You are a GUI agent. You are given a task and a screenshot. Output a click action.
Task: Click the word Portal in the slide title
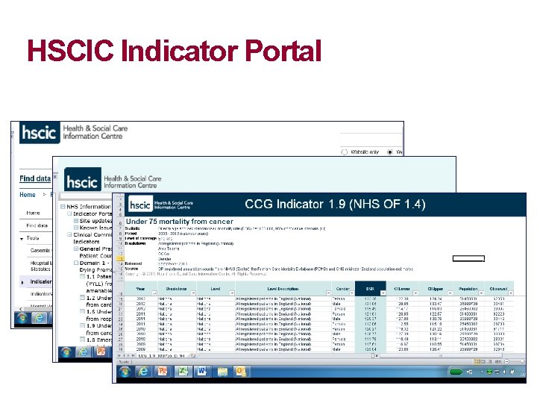(x=278, y=51)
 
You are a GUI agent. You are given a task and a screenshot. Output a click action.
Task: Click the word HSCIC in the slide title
(x=70, y=51)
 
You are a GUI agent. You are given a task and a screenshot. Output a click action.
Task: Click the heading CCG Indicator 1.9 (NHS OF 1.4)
(x=335, y=204)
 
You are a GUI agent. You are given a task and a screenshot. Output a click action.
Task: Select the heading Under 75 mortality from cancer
(x=180, y=222)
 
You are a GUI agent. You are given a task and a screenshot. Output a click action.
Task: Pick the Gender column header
(x=342, y=289)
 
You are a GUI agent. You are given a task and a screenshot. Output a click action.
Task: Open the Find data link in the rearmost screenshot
(x=34, y=179)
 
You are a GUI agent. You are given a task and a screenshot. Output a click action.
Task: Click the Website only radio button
(x=344, y=151)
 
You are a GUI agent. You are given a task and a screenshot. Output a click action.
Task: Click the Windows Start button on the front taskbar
(x=124, y=371)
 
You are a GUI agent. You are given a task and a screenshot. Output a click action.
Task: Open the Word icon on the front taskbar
(x=201, y=371)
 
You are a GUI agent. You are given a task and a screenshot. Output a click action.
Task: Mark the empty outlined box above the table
(x=468, y=259)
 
